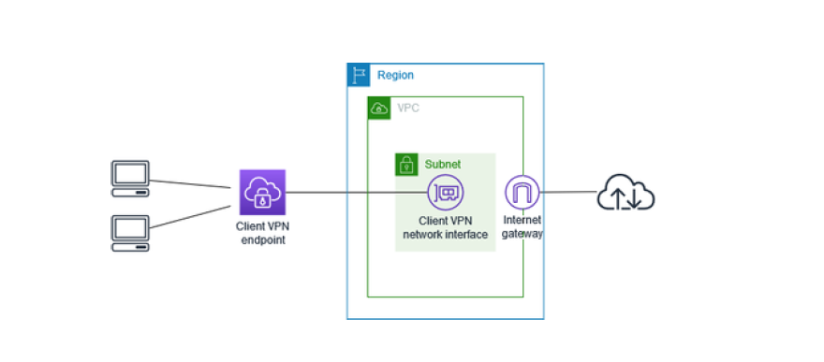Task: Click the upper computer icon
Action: tap(129, 178)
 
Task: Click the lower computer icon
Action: tap(129, 230)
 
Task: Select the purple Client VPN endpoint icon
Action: tap(262, 194)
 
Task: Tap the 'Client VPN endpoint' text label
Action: tap(261, 233)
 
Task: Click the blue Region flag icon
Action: tap(359, 75)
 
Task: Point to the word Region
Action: tap(395, 75)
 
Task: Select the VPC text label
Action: tap(408, 108)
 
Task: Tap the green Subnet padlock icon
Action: tap(405, 164)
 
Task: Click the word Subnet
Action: tap(442, 164)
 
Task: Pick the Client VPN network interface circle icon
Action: tap(445, 194)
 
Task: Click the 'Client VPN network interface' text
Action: tap(445, 227)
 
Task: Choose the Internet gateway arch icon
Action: tap(522, 194)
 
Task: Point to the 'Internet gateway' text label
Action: tap(522, 227)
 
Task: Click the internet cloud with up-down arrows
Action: tap(625, 194)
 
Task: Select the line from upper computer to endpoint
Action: tap(191, 184)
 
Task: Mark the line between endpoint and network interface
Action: tap(356, 194)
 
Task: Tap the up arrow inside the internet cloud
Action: tap(619, 198)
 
